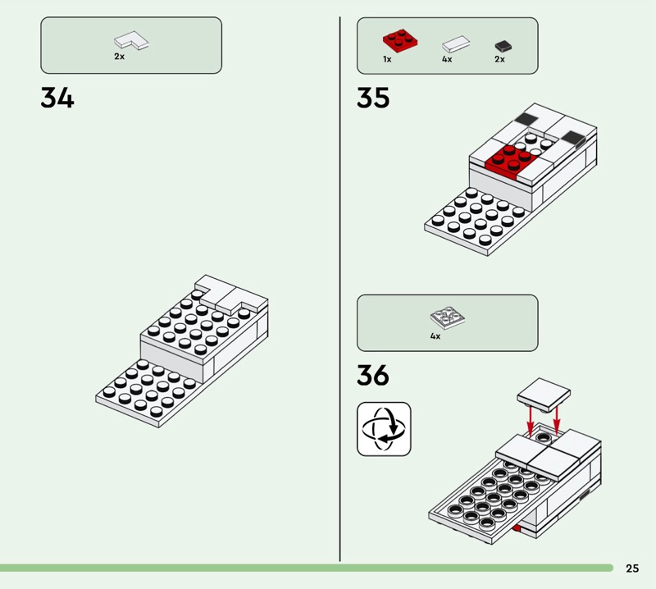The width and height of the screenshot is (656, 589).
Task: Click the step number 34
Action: (x=57, y=98)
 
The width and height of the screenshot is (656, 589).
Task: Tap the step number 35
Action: (x=373, y=98)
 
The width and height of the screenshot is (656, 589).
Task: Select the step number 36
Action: (x=373, y=375)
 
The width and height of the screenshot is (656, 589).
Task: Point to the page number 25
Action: (x=632, y=568)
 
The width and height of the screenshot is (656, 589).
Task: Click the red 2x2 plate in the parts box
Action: (x=400, y=40)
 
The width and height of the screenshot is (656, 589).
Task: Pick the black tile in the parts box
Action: (x=503, y=46)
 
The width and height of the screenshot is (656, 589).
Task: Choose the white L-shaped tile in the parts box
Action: (x=131, y=40)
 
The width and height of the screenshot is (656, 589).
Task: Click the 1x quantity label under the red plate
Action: (x=387, y=59)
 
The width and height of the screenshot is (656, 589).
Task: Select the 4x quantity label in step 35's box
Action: (x=447, y=59)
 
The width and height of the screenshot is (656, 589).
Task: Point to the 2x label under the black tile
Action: (x=499, y=59)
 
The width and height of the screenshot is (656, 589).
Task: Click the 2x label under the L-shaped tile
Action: (x=119, y=56)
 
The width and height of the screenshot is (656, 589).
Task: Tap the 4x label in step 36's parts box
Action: (x=435, y=336)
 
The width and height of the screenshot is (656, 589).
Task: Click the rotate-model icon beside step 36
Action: (x=384, y=429)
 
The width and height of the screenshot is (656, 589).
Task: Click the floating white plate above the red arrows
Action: (x=544, y=394)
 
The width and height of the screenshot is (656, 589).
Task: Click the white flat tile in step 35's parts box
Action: (x=456, y=43)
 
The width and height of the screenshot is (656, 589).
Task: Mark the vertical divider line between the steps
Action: (x=339, y=289)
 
